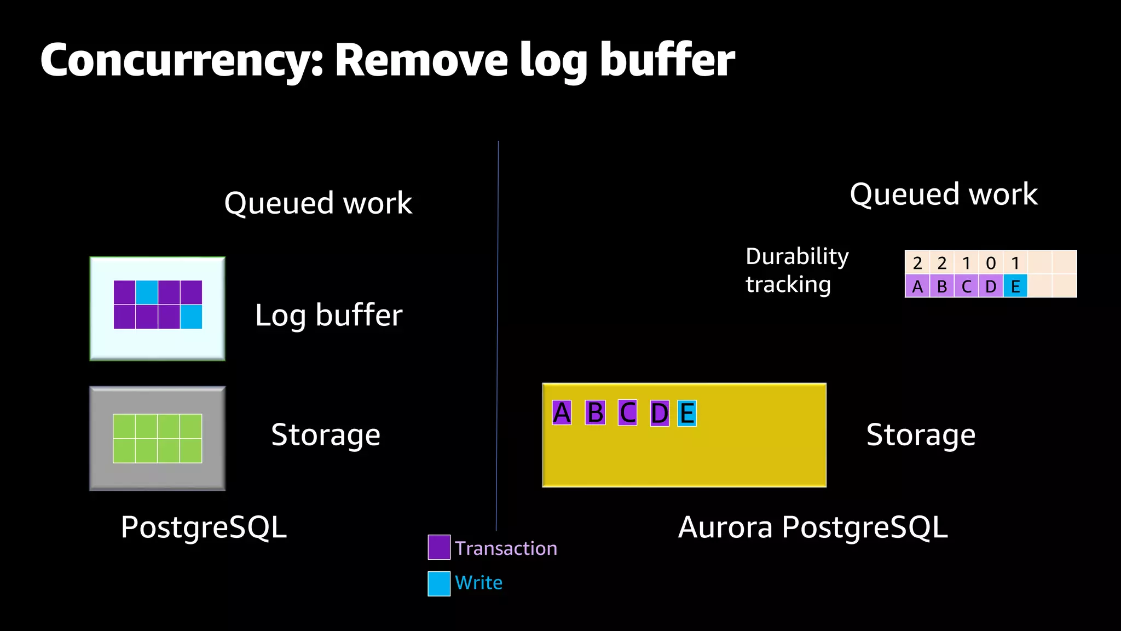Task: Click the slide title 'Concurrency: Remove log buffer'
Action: click(x=387, y=60)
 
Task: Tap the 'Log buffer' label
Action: click(x=328, y=315)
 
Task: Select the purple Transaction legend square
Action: click(x=439, y=547)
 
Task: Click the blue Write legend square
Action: click(x=439, y=583)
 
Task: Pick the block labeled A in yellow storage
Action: click(x=562, y=413)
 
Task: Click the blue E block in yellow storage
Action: click(x=687, y=413)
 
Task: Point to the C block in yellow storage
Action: click(x=627, y=413)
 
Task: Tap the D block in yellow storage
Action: click(x=660, y=413)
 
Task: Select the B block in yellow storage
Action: click(x=595, y=413)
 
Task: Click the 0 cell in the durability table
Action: click(x=991, y=263)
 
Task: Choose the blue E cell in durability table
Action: click(x=1015, y=286)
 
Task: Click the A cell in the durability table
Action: click(x=917, y=286)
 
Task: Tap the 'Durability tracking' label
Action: click(x=797, y=271)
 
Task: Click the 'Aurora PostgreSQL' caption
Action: click(x=812, y=527)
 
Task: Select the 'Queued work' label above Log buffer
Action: click(x=318, y=203)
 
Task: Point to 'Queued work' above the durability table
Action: click(x=943, y=194)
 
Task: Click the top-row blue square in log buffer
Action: click(x=147, y=292)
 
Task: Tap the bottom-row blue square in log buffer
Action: click(x=191, y=317)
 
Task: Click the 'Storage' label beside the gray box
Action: click(x=326, y=435)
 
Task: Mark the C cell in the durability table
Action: click(x=967, y=286)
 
